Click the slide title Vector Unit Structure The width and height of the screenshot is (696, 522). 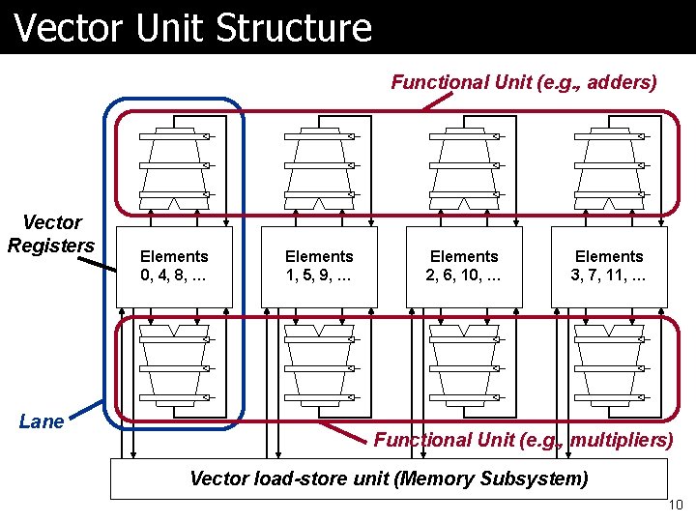coord(193,27)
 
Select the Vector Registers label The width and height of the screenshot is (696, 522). coord(51,235)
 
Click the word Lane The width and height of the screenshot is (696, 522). coord(42,421)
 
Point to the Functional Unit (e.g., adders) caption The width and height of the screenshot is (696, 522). coord(523,82)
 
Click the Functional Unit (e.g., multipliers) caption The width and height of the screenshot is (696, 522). coord(523,440)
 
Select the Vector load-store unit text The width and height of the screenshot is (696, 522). coord(389,478)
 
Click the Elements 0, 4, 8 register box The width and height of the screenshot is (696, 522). coord(174,266)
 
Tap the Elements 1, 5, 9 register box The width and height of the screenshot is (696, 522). coord(319,266)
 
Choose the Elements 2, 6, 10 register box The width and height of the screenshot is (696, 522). coord(464,266)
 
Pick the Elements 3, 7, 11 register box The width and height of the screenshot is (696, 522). coord(609,266)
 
